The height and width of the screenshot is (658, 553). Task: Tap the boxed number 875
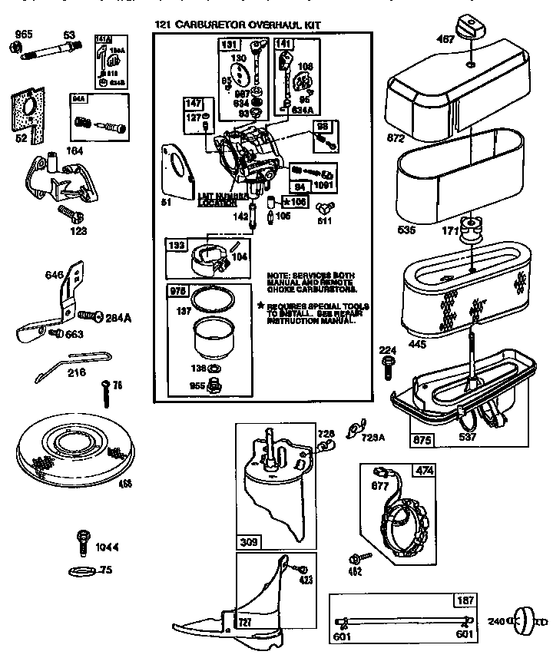coord(422,440)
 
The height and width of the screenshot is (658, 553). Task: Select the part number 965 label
coord(24,35)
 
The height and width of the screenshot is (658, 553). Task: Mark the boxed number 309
coord(248,541)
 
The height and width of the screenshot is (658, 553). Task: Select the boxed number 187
coord(465,601)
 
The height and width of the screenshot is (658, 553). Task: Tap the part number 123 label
coord(77,230)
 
